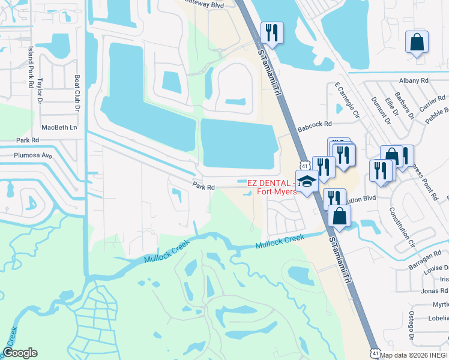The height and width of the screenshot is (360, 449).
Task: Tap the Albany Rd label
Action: [x=414, y=80]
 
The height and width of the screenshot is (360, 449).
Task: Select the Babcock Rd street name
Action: [x=314, y=124]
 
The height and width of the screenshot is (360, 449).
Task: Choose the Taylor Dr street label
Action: [x=40, y=90]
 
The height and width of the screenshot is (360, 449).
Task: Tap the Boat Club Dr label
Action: [x=77, y=93]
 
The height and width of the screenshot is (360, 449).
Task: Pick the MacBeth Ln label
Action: [x=59, y=127]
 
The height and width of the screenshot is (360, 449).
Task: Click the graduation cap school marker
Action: [x=307, y=182]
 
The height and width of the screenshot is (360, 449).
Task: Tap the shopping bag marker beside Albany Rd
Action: [x=417, y=43]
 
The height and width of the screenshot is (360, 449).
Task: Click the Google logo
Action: [x=20, y=353]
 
